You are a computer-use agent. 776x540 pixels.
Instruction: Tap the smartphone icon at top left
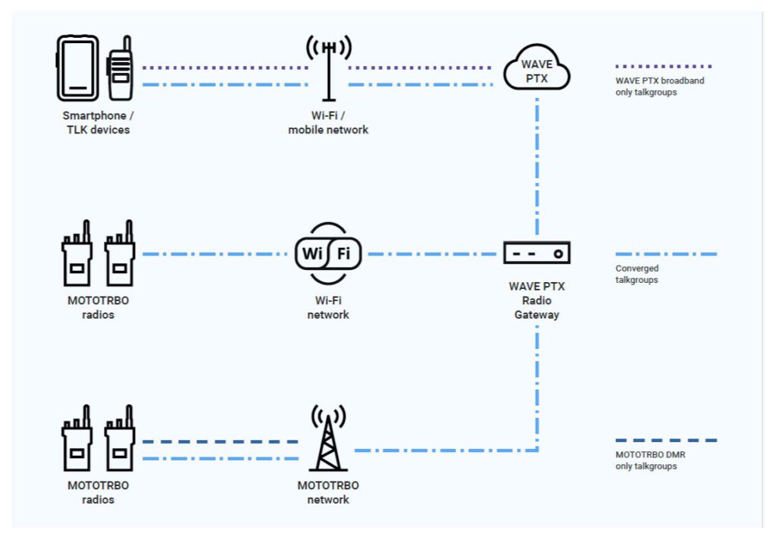[78, 68]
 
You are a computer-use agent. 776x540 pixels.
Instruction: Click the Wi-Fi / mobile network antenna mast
[328, 68]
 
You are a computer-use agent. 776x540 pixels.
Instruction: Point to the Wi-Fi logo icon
[328, 253]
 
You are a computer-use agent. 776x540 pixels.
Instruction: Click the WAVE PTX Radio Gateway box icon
[537, 253]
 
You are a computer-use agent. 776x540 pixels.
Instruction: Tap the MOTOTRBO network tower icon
[328, 440]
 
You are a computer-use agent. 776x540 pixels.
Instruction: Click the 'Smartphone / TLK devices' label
[96, 123]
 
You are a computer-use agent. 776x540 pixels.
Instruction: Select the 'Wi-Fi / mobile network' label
[328, 123]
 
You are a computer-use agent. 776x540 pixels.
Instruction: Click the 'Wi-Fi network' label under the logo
[328, 308]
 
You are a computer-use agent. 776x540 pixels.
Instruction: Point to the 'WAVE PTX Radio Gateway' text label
[537, 300]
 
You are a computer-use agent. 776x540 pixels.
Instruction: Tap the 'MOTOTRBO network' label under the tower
[328, 492]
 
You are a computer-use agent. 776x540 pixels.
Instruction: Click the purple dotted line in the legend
[664, 67]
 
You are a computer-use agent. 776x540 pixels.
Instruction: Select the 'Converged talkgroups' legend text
[637, 274]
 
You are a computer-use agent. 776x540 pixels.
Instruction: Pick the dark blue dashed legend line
[665, 440]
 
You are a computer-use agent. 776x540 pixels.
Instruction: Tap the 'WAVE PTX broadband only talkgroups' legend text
[659, 86]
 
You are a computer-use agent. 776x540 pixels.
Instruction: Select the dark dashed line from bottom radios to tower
[220, 441]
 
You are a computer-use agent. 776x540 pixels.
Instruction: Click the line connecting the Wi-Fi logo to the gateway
[432, 254]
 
